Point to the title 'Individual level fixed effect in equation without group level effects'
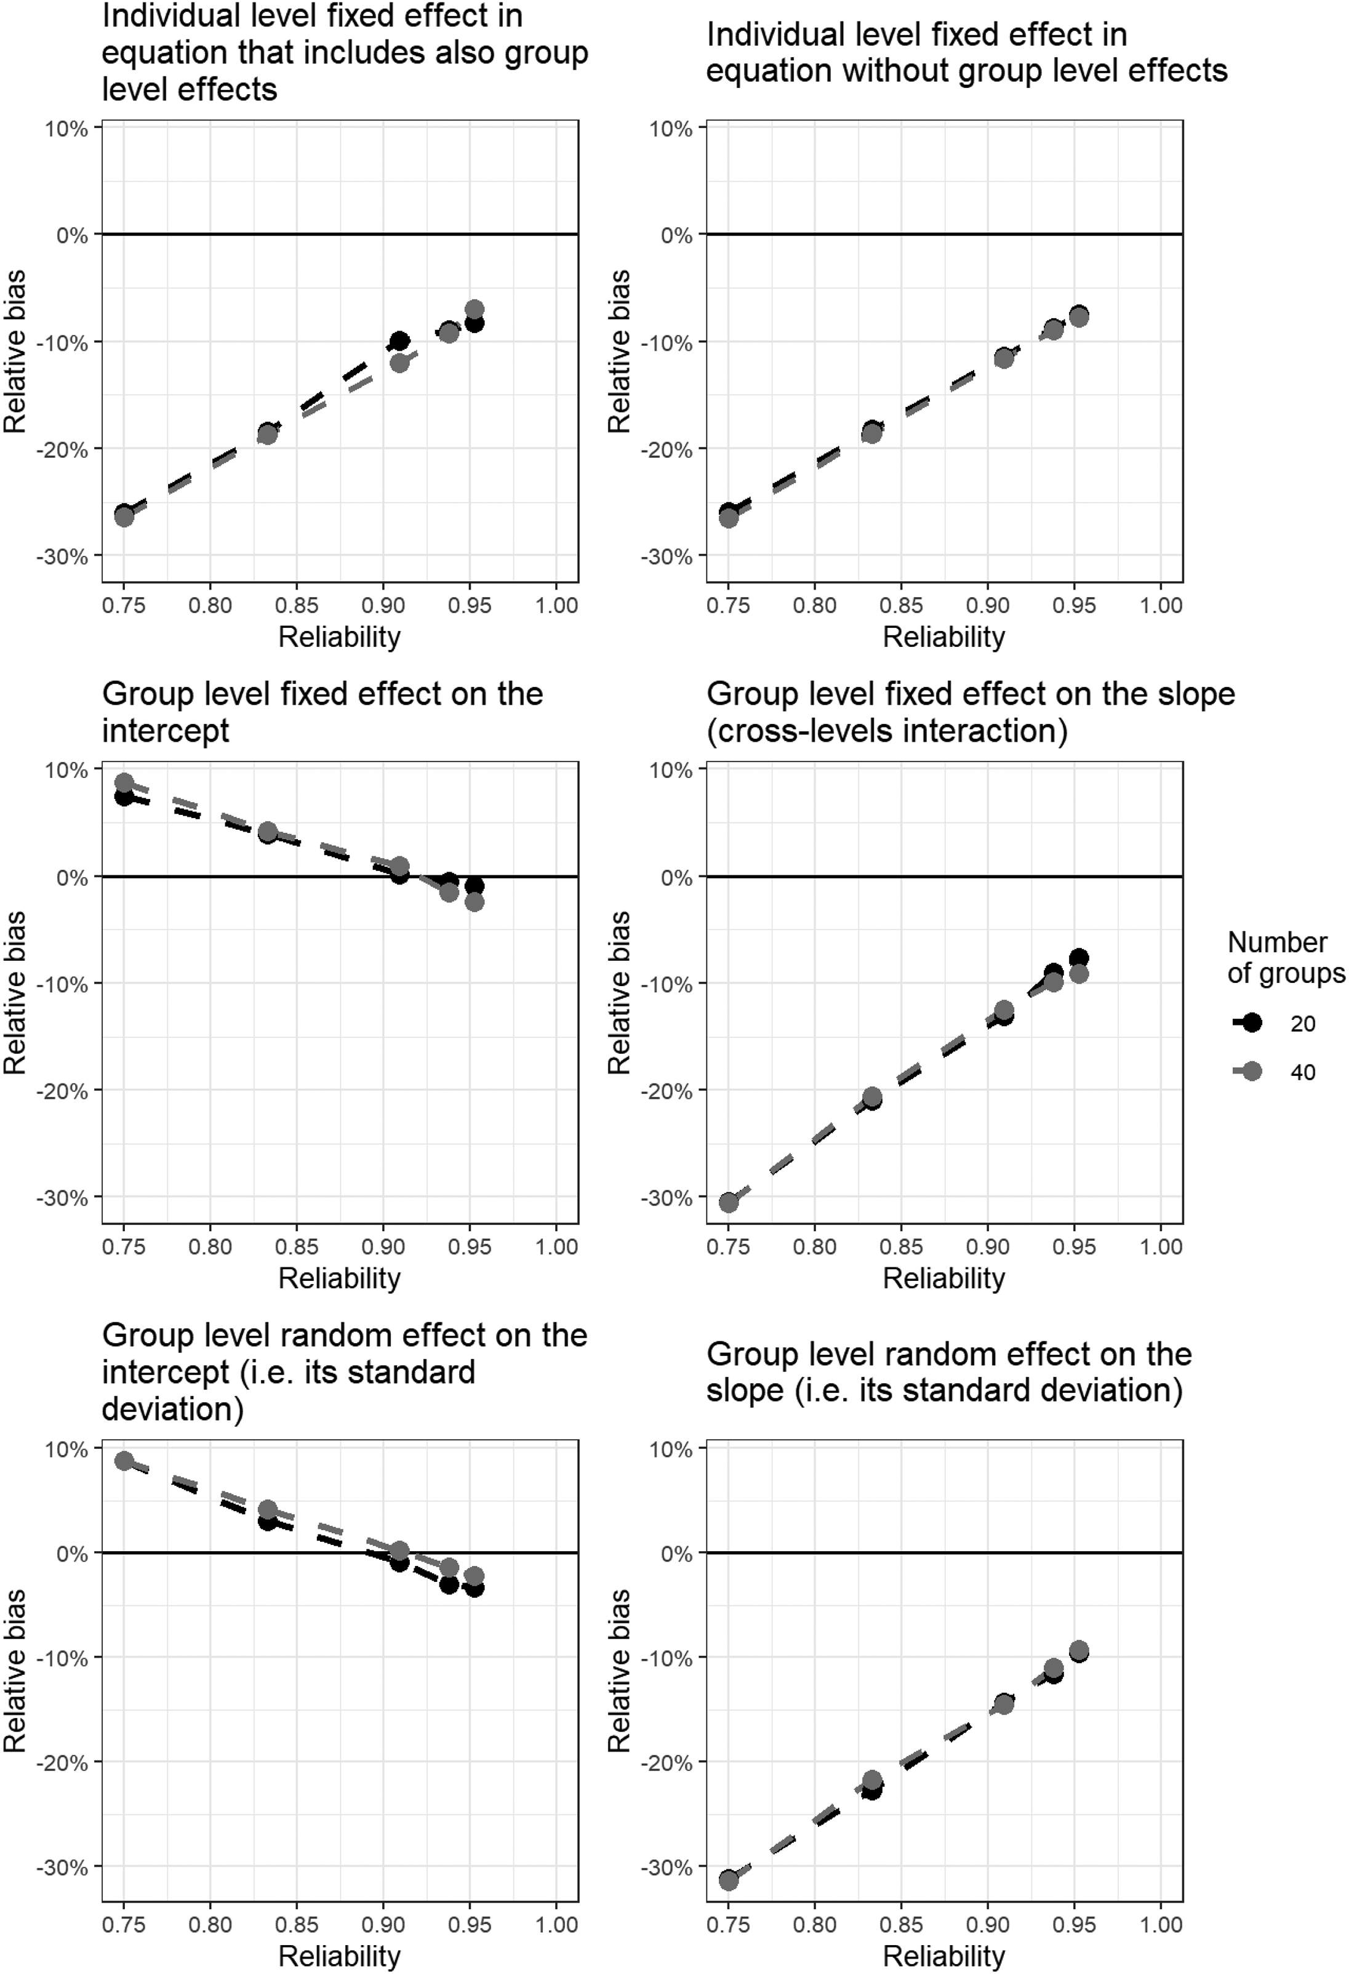pyautogui.click(x=967, y=53)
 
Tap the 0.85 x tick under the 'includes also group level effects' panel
pyautogui.click(x=297, y=606)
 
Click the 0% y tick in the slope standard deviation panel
pyautogui.click(x=676, y=1554)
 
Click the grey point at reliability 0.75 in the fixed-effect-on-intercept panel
pyautogui.click(x=124, y=782)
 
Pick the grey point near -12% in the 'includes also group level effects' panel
pyautogui.click(x=399, y=363)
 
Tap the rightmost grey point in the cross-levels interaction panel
pyautogui.click(x=1079, y=973)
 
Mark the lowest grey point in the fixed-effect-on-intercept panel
pyautogui.click(x=475, y=901)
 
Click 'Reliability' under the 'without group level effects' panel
pyautogui.click(x=944, y=636)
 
